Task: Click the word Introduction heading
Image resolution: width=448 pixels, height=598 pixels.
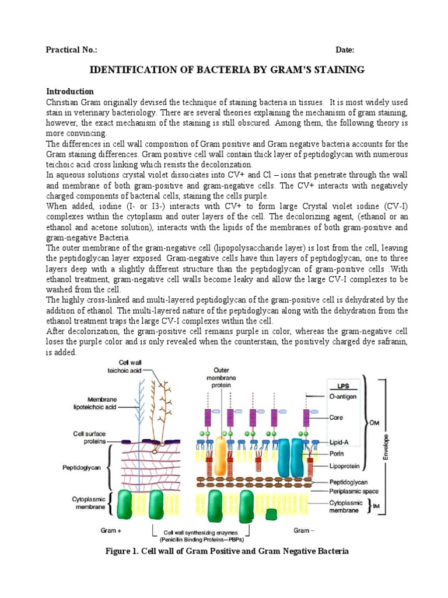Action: pos(70,92)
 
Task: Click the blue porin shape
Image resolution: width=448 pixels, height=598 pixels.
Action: pos(288,458)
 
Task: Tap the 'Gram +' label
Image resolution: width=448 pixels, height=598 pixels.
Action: pos(112,531)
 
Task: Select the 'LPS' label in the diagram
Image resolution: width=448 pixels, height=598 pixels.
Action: pos(343,386)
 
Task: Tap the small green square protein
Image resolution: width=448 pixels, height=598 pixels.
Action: pos(271,514)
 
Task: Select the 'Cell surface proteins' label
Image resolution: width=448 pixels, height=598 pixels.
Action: pos(89,437)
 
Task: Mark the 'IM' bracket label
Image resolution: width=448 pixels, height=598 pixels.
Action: pos(376,507)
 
